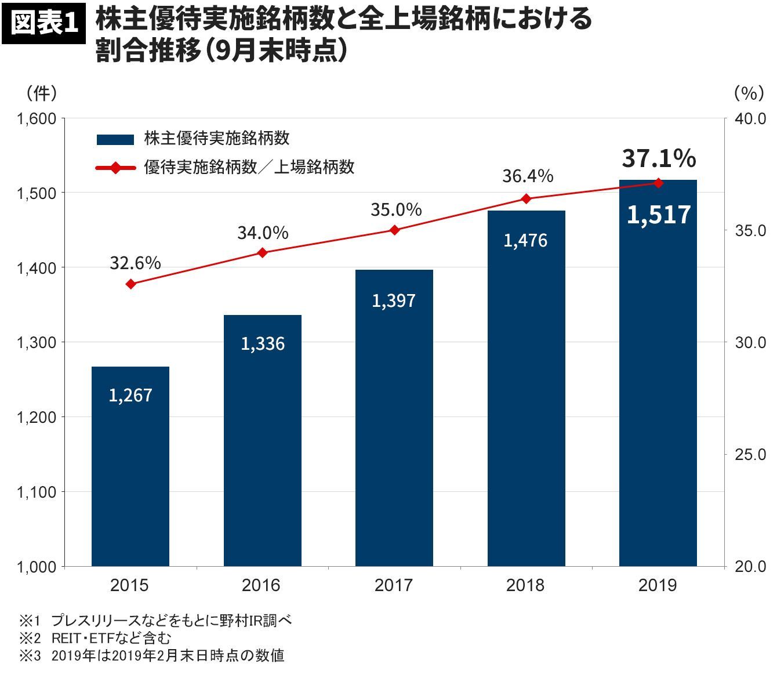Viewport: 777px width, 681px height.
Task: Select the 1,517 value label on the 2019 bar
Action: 659,215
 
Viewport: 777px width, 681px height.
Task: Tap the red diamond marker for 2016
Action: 262,253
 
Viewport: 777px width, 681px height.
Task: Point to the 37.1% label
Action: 659,158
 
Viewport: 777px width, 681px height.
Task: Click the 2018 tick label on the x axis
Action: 525,585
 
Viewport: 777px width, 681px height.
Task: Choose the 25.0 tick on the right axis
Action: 750,454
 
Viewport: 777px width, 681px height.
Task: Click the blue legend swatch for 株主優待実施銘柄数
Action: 115,139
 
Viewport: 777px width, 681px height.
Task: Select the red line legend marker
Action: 115,168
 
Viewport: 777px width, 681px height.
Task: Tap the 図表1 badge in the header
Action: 45,25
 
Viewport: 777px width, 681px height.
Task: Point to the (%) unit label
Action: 749,92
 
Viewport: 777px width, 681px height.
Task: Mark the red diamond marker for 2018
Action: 526,199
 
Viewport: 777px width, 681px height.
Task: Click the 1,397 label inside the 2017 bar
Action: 394,300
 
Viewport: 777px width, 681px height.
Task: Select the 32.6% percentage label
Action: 135,263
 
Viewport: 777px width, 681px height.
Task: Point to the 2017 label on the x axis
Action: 394,585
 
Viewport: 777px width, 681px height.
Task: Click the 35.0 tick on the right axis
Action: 750,230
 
